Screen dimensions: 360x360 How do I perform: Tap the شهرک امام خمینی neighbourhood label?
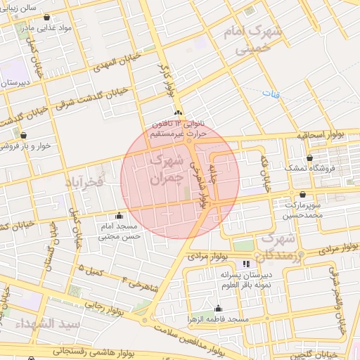[x=252, y=40]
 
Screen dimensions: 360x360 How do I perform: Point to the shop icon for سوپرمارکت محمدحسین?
[x=302, y=194]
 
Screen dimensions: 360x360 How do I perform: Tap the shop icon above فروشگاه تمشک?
[x=311, y=158]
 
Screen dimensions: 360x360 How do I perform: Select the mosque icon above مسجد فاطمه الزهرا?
[x=218, y=308]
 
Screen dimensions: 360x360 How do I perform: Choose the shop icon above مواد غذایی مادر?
[x=47, y=17]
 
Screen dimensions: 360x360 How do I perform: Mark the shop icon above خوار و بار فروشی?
[x=23, y=134]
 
